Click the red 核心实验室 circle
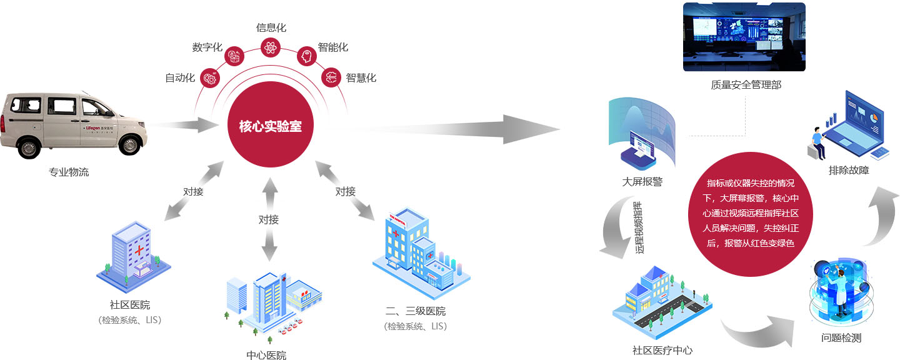coord(270,126)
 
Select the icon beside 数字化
coord(234,56)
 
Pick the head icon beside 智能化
coord(306,56)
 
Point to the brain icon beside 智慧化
coord(331,78)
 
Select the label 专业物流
coord(69,172)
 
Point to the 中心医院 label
coord(267,355)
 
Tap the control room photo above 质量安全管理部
coord(744,37)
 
